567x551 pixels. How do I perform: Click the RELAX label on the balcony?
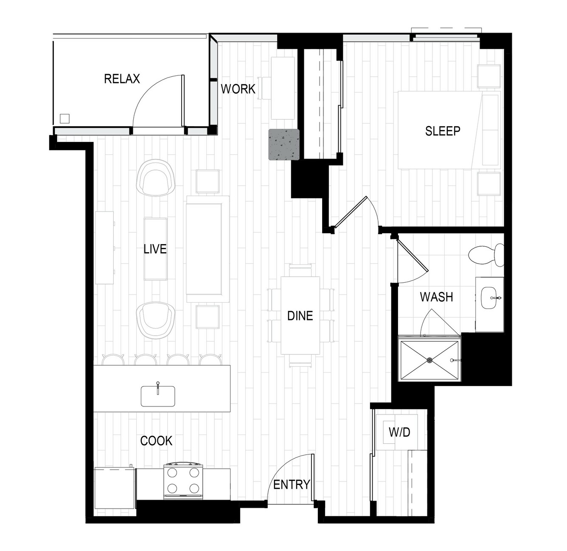[122, 79]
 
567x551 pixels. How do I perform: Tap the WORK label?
[238, 89]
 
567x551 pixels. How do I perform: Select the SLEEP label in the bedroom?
[443, 131]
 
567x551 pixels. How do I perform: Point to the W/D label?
[399, 432]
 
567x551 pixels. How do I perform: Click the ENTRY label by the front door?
[292, 485]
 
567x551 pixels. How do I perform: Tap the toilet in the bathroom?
[486, 255]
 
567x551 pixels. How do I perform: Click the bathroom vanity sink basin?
[488, 298]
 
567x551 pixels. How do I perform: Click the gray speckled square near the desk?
[284, 144]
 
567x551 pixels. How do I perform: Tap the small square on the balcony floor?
[65, 119]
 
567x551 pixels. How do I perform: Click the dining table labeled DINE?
[300, 315]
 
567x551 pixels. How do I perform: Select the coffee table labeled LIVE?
[156, 249]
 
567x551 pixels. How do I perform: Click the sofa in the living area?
[208, 249]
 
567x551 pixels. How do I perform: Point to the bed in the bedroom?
[449, 130]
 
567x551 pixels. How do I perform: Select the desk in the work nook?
[283, 88]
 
